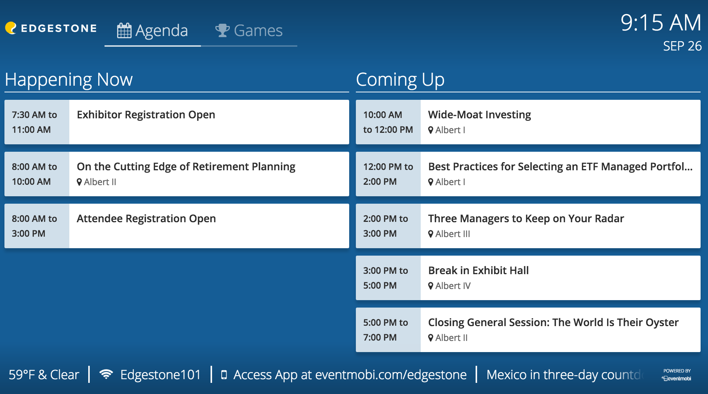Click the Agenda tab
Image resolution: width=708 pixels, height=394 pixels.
[x=153, y=31]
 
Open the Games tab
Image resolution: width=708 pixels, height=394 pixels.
[x=249, y=31]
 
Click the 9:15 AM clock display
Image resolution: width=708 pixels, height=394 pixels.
[x=661, y=23]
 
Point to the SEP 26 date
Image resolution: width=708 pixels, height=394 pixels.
[x=682, y=46]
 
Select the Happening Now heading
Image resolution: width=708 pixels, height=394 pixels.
[x=69, y=80]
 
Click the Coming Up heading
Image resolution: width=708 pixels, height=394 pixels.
[x=400, y=80]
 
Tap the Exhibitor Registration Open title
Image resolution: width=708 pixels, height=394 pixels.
[x=146, y=115]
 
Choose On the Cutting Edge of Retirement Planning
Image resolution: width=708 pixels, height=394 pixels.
[x=186, y=167]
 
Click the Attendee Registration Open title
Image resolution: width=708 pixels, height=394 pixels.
[x=146, y=219]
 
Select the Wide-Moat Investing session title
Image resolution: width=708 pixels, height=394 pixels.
[x=479, y=115]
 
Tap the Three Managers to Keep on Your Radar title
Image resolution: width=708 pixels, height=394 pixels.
[x=526, y=219]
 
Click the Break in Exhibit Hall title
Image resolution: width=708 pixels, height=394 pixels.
[x=478, y=270]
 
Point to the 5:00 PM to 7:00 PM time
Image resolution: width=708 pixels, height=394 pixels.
[x=386, y=330]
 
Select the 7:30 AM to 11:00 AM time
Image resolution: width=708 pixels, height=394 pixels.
[x=34, y=122]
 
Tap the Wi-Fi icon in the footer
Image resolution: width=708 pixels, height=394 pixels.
[x=106, y=374]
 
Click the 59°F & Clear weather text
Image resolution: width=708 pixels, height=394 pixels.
[x=44, y=375]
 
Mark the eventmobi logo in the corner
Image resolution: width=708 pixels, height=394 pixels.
[x=677, y=378]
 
